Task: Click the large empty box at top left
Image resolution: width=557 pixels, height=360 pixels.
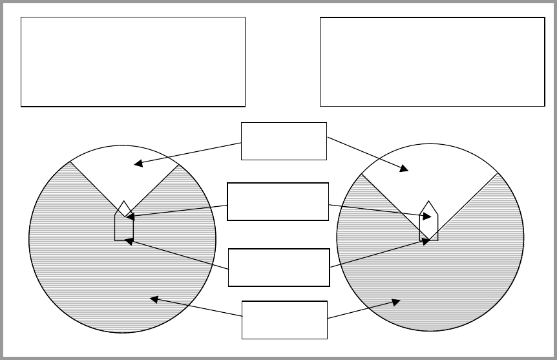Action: point(133,61)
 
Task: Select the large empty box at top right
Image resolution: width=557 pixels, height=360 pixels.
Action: point(432,61)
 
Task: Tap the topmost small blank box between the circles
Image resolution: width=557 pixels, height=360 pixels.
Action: point(284,140)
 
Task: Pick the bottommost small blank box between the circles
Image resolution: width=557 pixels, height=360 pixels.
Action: point(284,319)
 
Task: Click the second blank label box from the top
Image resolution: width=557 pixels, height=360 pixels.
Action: point(278,202)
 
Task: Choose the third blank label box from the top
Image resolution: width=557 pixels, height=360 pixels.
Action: point(279,267)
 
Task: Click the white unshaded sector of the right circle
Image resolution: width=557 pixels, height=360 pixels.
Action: point(430,171)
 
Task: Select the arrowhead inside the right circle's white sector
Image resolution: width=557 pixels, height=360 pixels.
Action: point(405,169)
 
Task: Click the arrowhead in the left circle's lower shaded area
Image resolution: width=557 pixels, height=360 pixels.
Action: point(154,298)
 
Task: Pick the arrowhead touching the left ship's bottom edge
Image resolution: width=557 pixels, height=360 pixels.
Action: point(128,241)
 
